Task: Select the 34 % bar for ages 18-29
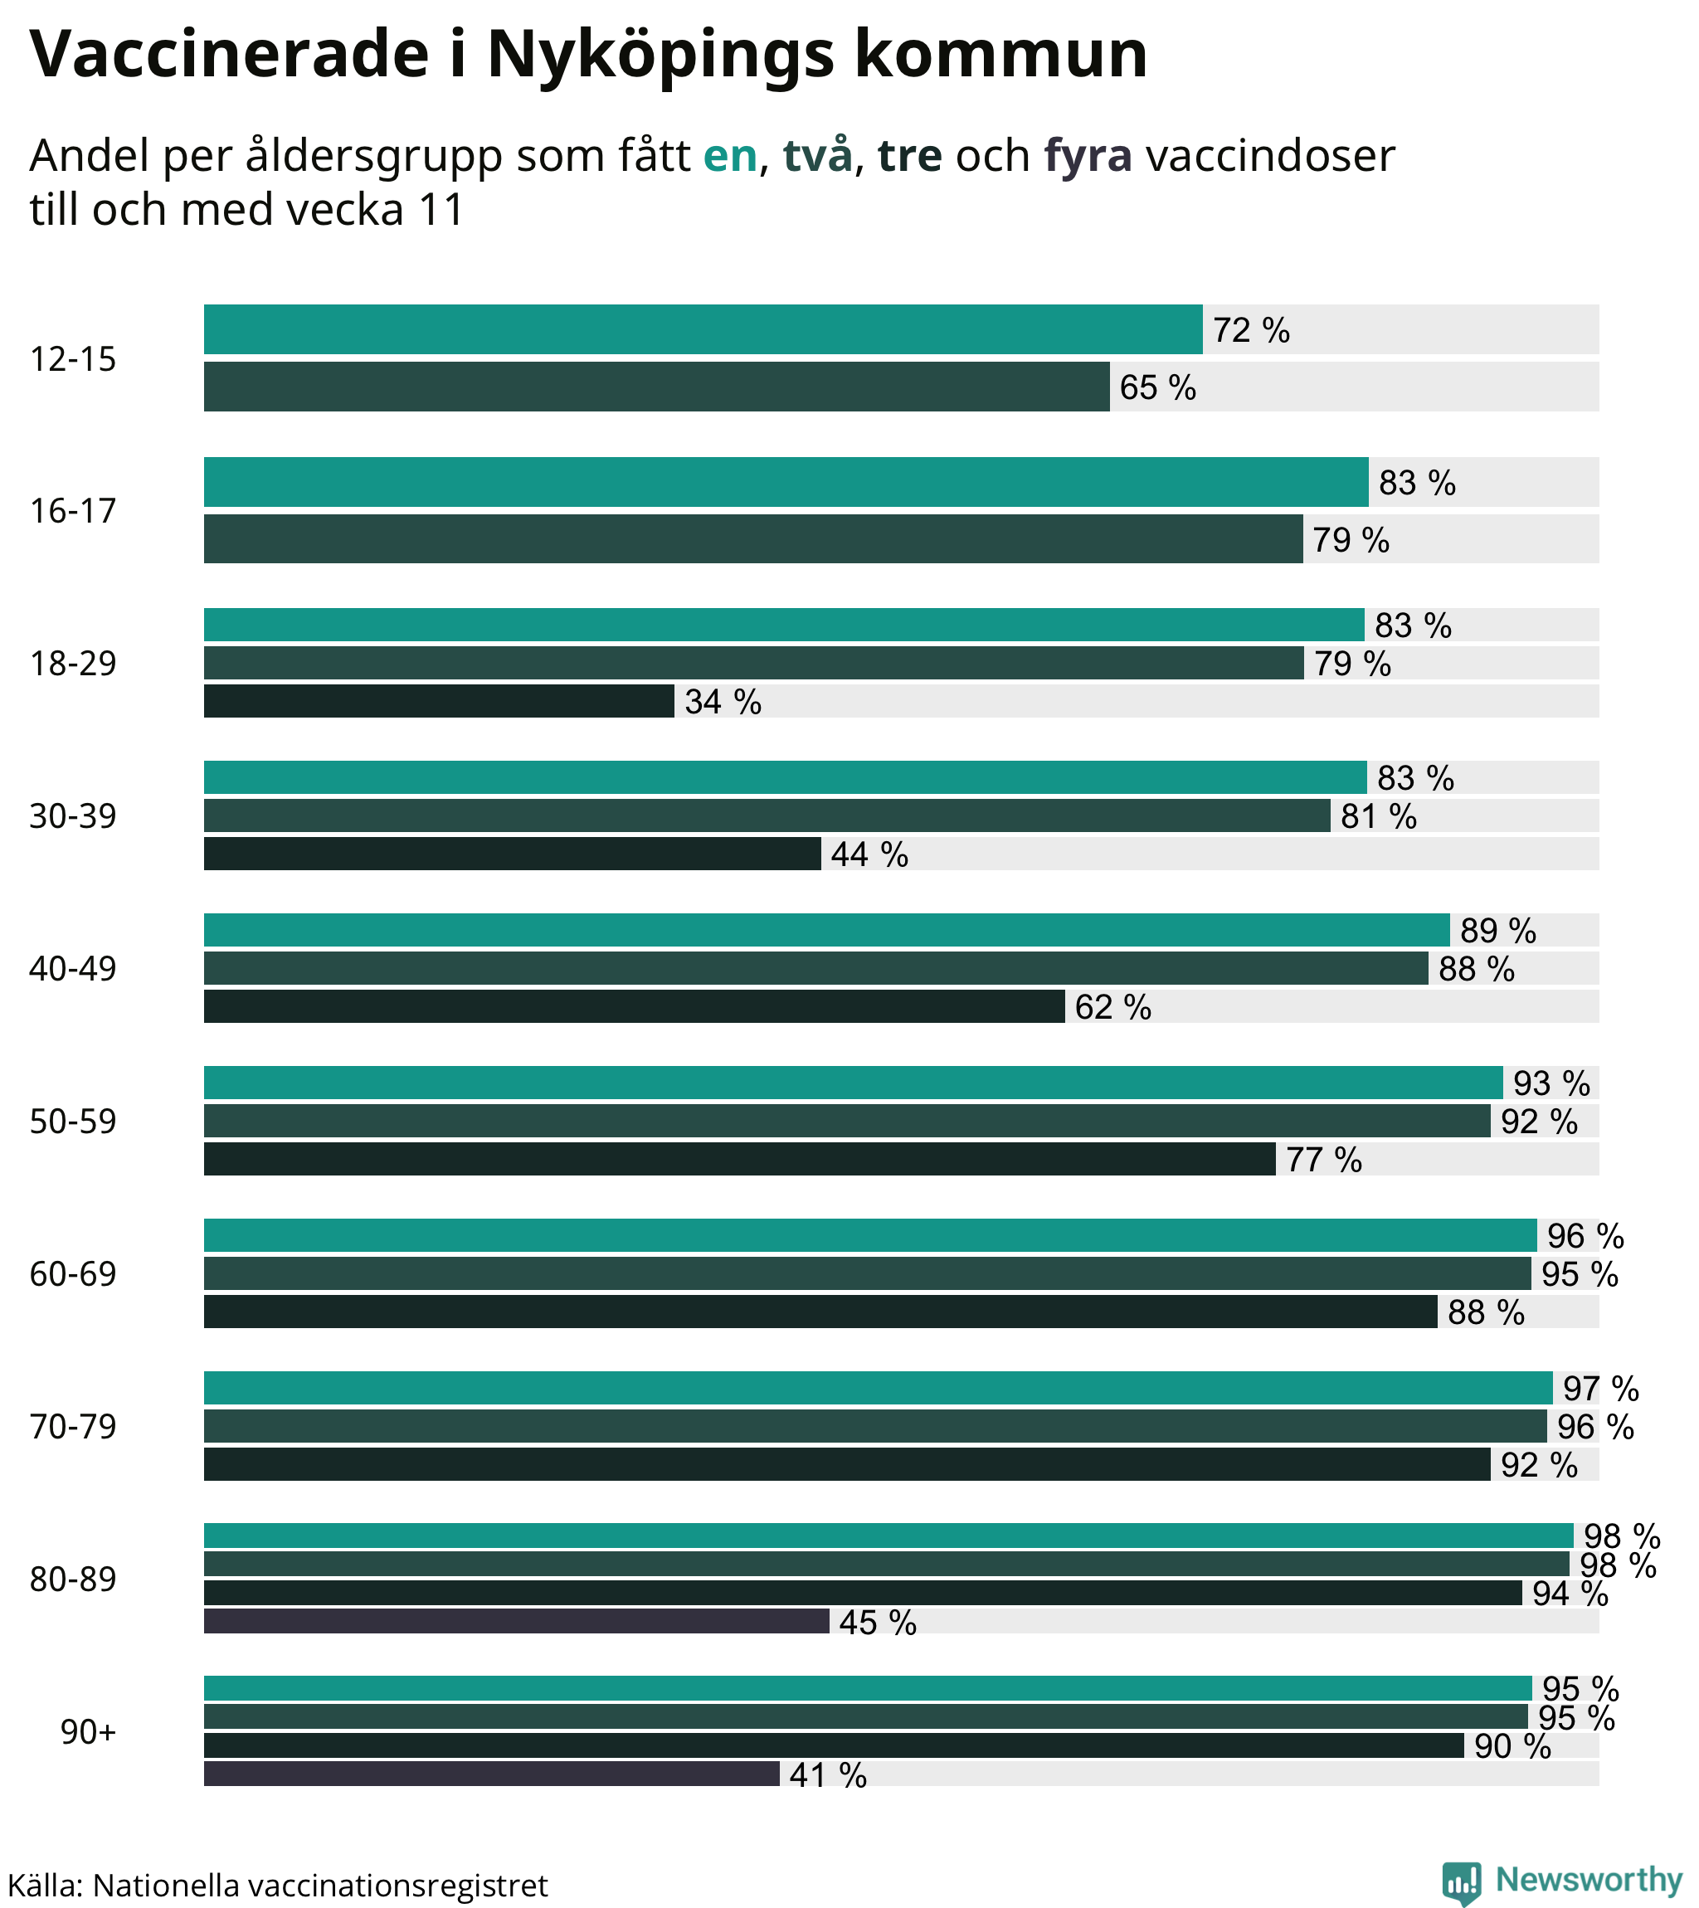(439, 701)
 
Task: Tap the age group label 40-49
(73, 969)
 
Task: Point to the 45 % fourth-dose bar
(516, 1622)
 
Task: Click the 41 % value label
(827, 1774)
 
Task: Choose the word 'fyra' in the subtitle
(1088, 156)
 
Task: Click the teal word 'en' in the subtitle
(729, 156)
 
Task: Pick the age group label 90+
(88, 1732)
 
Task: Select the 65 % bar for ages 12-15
(656, 387)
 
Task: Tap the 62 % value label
(1112, 1007)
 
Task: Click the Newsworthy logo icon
(1461, 1881)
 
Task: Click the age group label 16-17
(73, 512)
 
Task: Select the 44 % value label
(869, 854)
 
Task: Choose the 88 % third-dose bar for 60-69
(820, 1312)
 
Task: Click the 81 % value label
(1378, 817)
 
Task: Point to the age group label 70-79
(73, 1427)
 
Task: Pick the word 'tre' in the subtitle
(909, 156)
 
